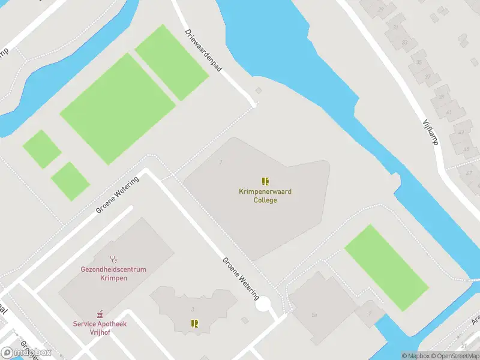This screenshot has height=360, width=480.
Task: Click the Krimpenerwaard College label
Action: (265, 196)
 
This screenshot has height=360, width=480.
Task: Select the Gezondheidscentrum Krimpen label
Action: (113, 274)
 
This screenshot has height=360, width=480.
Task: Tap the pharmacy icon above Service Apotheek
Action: (100, 314)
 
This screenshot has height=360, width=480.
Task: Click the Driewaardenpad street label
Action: (203, 51)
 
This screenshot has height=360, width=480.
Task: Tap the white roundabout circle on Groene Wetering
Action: (262, 305)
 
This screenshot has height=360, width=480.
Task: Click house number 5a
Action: (314, 314)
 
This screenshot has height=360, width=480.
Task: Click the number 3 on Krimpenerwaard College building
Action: (221, 162)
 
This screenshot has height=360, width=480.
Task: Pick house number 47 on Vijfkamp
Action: (468, 173)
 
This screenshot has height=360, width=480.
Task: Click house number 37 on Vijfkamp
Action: (427, 76)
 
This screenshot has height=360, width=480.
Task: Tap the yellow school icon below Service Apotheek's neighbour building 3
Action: (194, 323)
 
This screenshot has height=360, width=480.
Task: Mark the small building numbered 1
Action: (370, 313)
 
